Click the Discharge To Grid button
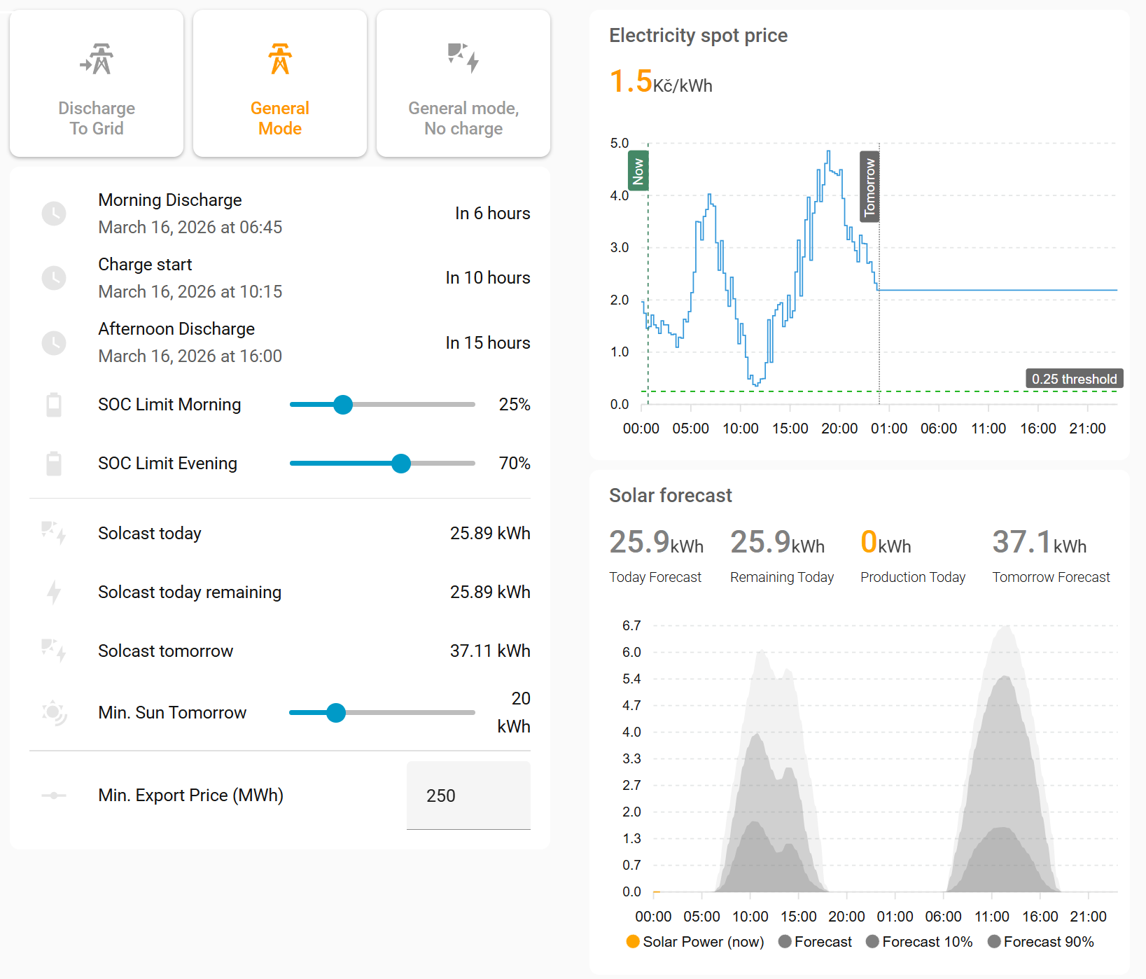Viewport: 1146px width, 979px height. (97, 84)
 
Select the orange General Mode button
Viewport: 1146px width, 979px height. (280, 84)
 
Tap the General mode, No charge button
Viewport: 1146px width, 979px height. (463, 84)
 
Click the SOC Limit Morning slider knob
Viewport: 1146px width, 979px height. (343, 405)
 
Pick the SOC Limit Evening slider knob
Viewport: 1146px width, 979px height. (401, 464)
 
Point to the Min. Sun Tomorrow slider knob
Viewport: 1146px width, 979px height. (336, 713)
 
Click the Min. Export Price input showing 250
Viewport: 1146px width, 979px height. (468, 796)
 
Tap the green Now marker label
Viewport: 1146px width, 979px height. (638, 171)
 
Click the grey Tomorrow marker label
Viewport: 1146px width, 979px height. (869, 186)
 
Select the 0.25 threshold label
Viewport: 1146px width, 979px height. (1074, 379)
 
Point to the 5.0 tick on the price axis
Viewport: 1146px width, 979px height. (620, 144)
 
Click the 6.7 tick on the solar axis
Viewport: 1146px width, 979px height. (631, 625)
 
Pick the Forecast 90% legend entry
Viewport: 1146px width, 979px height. (1041, 942)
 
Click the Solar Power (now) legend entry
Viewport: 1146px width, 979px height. (695, 942)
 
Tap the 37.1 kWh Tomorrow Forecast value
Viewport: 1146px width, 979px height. (1039, 543)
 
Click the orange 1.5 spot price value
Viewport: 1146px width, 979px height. (631, 82)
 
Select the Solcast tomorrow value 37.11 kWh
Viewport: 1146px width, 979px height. (490, 651)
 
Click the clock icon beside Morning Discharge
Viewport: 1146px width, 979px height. (54, 214)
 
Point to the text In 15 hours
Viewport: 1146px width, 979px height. (488, 343)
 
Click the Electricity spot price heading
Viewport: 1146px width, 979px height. (698, 36)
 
